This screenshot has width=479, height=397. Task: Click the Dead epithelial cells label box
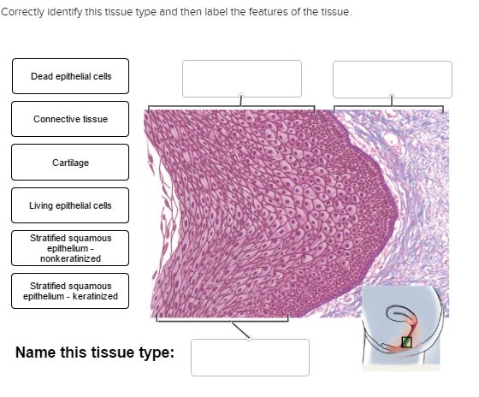tap(70, 77)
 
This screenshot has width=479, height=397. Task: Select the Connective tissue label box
tap(70, 119)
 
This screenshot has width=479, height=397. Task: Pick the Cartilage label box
tap(70, 162)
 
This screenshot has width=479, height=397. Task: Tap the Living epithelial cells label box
tap(70, 205)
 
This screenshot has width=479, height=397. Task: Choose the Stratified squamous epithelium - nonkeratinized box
tap(70, 247)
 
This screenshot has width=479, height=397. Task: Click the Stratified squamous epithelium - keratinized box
tap(70, 291)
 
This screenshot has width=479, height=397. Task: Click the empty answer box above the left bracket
tap(241, 79)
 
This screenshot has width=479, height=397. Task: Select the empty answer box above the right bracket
tap(392, 79)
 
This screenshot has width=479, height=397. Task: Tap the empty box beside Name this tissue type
tap(250, 357)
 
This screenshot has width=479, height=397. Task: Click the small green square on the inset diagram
tap(406, 342)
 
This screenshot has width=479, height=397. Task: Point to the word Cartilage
tap(70, 162)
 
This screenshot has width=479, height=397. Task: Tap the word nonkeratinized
tap(70, 258)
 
